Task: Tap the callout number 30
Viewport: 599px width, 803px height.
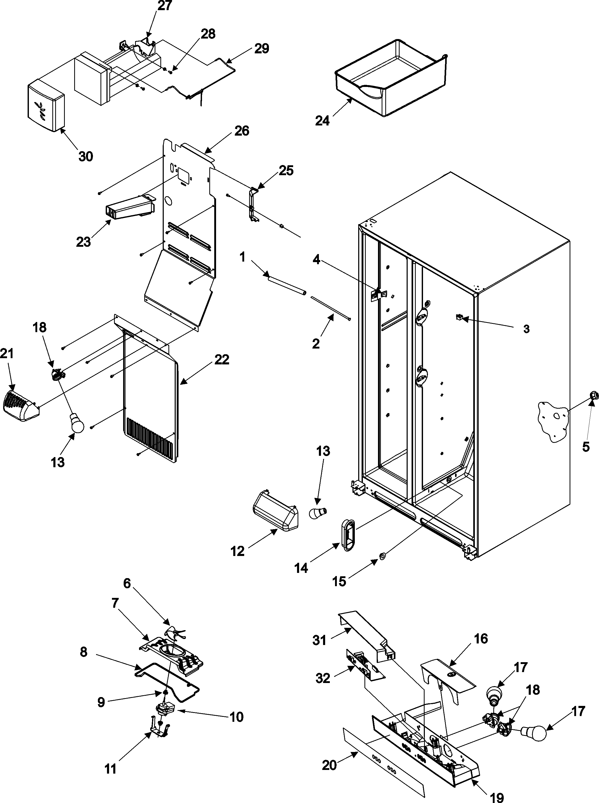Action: pyautogui.click(x=86, y=157)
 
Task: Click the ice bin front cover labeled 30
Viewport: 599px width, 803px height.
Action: pyautogui.click(x=46, y=107)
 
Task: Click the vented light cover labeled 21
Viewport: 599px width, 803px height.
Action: pyautogui.click(x=21, y=406)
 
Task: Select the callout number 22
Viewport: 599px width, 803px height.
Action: pyautogui.click(x=222, y=360)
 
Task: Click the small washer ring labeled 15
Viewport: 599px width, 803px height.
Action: pyautogui.click(x=382, y=555)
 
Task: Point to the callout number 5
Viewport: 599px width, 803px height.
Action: pyautogui.click(x=586, y=447)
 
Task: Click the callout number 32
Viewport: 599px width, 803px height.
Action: pyautogui.click(x=323, y=678)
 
